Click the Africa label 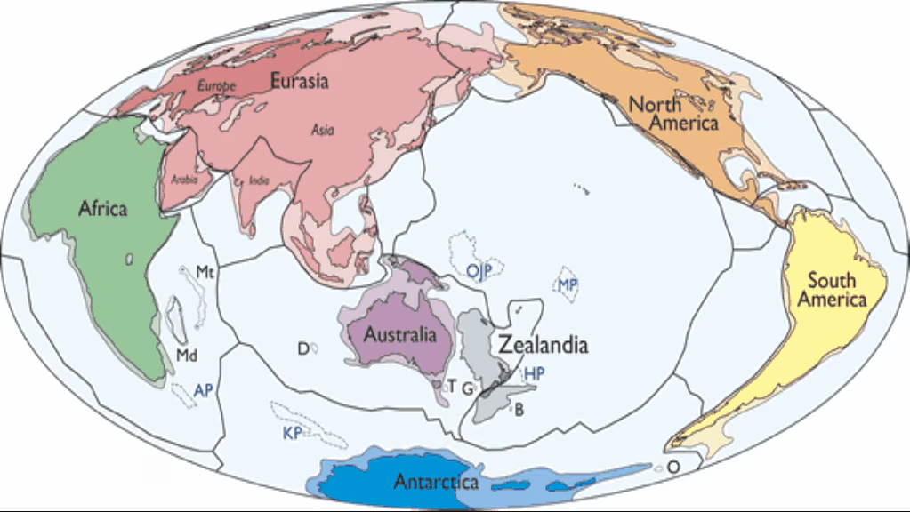tap(102, 209)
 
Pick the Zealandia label tap(543, 345)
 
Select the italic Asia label tap(322, 130)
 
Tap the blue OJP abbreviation tap(479, 269)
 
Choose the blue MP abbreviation tap(568, 284)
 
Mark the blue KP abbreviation tap(292, 433)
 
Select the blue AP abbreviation tap(204, 389)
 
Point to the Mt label tap(205, 270)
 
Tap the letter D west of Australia tap(302, 348)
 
